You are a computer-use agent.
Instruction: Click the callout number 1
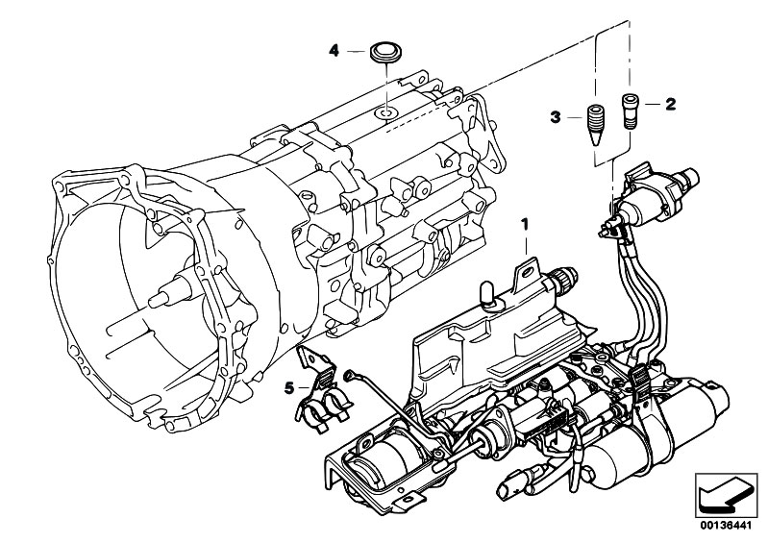tap(525, 224)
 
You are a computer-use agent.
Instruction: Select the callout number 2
tap(670, 102)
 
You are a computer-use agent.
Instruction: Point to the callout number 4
tap(334, 50)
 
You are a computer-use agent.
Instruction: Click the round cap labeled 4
tap(385, 50)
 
